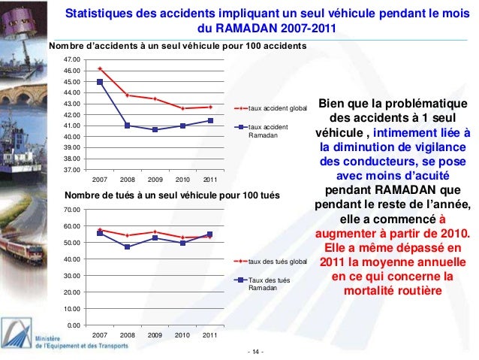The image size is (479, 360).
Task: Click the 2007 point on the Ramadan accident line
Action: coord(100,82)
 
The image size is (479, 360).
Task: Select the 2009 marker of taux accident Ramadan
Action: coord(155,129)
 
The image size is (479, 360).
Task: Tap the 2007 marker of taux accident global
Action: coord(100,69)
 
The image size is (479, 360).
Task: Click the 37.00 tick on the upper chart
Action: coord(73,170)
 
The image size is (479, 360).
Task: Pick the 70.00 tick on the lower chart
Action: coord(73,210)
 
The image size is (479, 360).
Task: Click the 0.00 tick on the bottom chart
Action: coord(75,325)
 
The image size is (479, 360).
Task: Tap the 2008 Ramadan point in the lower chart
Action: coord(128,247)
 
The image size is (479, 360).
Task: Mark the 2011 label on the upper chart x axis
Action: coord(209,180)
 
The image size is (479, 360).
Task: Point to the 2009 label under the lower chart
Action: coord(155,334)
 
